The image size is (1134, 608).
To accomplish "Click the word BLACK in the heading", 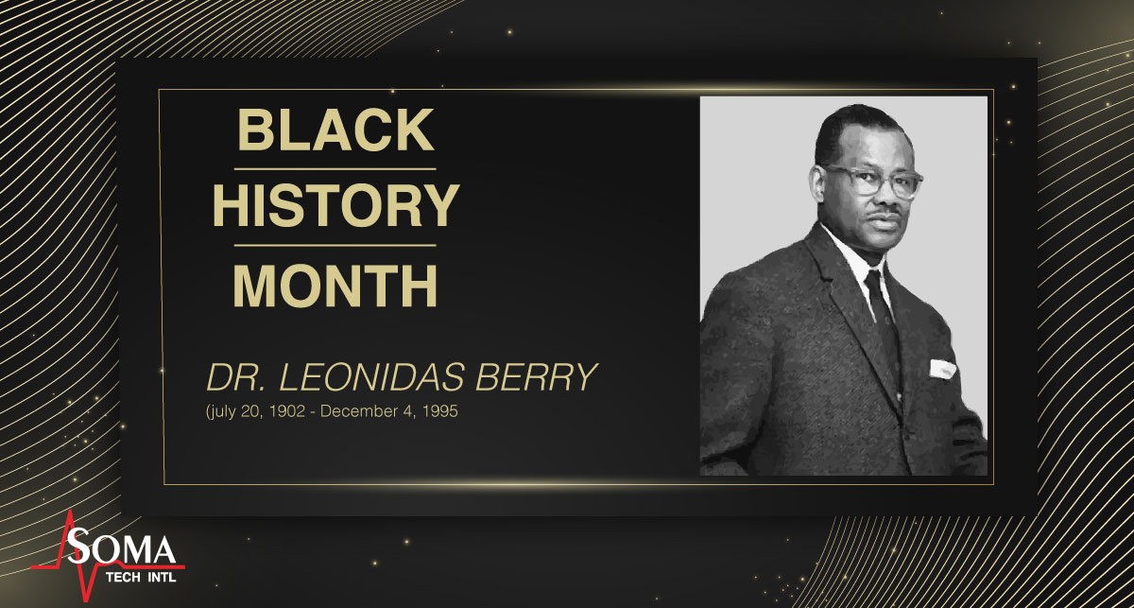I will pos(335,130).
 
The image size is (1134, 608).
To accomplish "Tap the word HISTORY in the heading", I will pos(335,206).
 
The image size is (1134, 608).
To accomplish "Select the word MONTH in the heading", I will pos(335,285).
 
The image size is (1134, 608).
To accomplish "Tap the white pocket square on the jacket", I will pos(942,368).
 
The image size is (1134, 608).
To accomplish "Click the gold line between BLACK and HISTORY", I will pos(335,168).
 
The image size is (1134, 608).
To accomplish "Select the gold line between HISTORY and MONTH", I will pos(335,245).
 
